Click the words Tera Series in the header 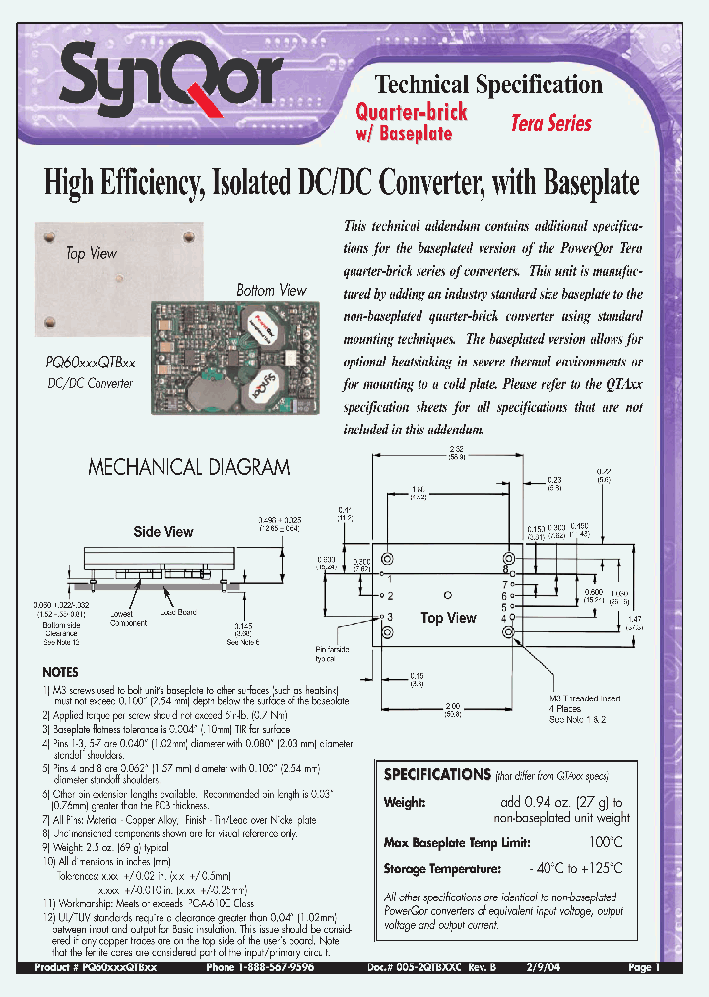[550, 123]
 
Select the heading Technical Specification [488, 84]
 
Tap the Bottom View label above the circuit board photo [271, 290]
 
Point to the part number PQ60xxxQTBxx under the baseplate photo [91, 365]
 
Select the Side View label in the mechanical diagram [163, 532]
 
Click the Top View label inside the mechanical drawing [448, 618]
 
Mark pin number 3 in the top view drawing [389, 617]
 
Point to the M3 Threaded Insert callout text [580, 698]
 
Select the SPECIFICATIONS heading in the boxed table [437, 775]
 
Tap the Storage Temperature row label [441, 869]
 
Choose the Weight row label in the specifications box [404, 803]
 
